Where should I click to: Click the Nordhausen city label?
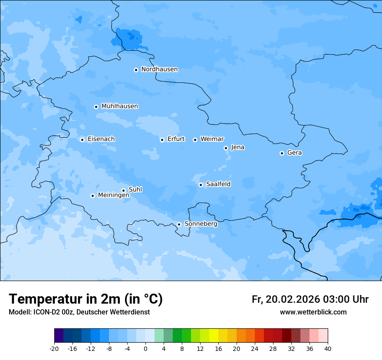159,69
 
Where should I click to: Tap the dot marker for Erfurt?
162,140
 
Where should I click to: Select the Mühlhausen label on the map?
119,106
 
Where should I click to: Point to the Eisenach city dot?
82,140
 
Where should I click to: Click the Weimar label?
212,139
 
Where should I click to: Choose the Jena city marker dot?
226,148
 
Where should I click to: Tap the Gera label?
294,153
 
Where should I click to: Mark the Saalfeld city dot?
201,185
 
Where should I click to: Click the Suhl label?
135,190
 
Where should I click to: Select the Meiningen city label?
113,196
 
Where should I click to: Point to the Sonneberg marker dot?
179,224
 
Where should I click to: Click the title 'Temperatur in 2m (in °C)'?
86,299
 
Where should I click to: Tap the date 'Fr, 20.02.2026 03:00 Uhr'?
310,299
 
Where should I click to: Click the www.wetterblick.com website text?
313,312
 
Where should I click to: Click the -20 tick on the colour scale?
54,348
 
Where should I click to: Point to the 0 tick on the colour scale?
145,348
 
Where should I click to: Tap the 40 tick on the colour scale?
328,348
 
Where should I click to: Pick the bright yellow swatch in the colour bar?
214,336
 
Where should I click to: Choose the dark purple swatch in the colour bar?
59,336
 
